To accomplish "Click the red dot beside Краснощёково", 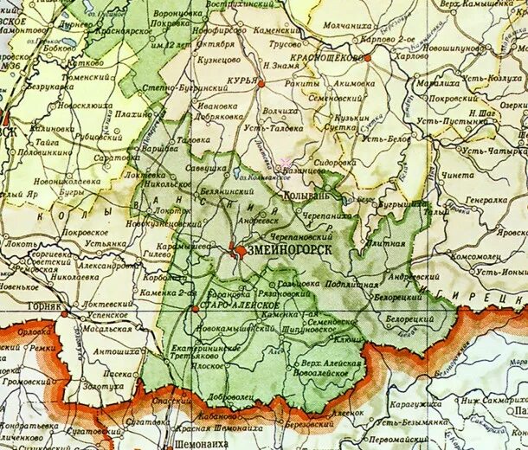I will click(x=368, y=57).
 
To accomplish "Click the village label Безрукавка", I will click(x=51, y=87).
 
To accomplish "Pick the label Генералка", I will click(x=485, y=200).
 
